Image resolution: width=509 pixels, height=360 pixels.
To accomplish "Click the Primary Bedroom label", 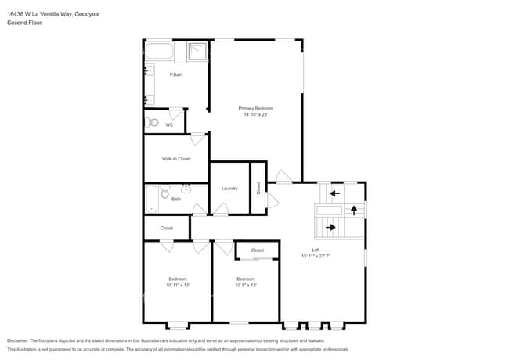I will [x=256, y=108].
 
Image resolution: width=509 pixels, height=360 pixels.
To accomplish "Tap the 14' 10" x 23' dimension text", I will [x=256, y=114].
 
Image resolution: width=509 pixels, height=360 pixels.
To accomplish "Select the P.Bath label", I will [x=176, y=74].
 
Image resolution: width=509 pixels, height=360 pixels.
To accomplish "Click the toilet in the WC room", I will [x=153, y=123].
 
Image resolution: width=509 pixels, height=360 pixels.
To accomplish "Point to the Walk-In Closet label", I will [x=176, y=159].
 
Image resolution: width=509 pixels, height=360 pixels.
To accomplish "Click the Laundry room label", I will [x=229, y=189].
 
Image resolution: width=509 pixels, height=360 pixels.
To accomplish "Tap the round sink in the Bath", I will [x=186, y=189].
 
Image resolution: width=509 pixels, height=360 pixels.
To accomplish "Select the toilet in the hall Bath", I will [x=164, y=193].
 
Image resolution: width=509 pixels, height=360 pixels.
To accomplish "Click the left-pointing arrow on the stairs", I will [x=334, y=193].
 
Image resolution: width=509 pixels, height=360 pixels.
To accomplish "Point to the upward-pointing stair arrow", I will [x=354, y=210].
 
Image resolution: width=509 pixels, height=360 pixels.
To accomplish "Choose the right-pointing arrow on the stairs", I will [x=331, y=228].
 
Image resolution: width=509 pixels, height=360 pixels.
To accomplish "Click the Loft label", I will [x=316, y=250].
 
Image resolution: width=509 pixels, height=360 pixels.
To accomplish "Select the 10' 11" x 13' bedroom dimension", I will [x=178, y=285].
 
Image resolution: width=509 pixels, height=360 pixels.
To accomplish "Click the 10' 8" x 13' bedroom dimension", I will [x=246, y=285].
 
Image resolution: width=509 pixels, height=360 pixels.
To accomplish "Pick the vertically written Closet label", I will [x=258, y=188].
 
